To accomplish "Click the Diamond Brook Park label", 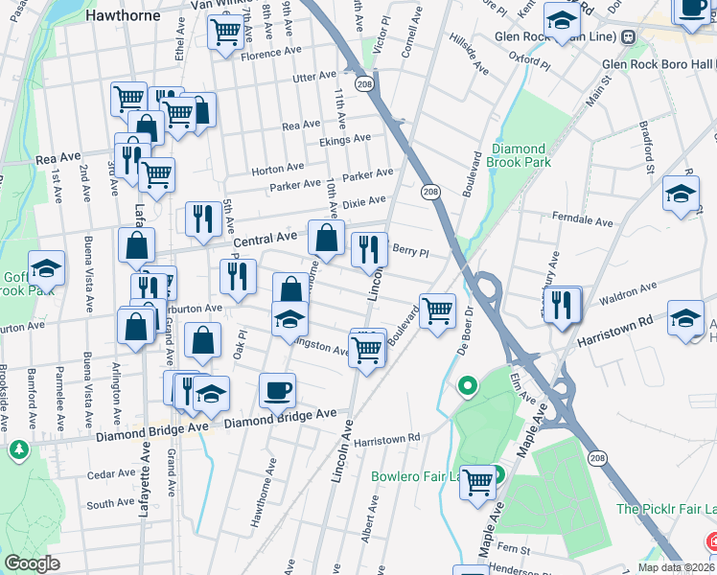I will coord(519,155).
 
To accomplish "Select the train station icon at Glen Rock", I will coord(629,37).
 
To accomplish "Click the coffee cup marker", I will coord(277,389).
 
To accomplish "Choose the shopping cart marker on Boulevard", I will coord(437,310).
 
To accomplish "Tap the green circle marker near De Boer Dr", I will coord(467,387).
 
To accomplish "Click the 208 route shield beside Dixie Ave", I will coord(430,193).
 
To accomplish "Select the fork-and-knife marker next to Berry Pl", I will coord(369,249).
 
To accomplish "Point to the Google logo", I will coord(32,563).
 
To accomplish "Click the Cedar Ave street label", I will coord(110,473).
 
